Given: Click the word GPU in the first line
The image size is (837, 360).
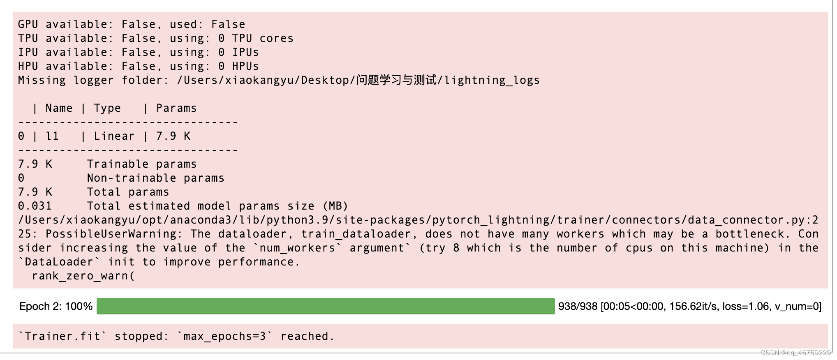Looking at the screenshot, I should pos(28,25).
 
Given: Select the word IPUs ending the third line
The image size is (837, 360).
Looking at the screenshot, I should pos(245,53).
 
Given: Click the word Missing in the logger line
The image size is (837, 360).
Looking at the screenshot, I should pos(42,81).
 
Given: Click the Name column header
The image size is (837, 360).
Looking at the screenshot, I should pos(59,108).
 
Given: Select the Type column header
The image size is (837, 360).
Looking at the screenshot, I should pos(107,108).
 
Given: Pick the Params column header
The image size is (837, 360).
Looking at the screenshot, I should pos(176,108).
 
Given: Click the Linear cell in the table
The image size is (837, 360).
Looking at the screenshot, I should pos(114,136).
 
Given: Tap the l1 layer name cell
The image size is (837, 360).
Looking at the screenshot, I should pos(52,136).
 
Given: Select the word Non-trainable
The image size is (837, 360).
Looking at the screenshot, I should pos(132,178).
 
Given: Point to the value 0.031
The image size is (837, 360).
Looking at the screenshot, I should pos(35,206).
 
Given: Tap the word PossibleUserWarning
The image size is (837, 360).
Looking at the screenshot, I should pos(111,234).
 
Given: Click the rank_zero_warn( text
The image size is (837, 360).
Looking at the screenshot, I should pos(83,276).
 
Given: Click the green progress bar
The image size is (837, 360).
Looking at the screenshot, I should pos(325,307).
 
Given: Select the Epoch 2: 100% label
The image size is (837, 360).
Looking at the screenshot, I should pos(56,307).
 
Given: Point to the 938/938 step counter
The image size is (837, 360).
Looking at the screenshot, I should pos(578,307).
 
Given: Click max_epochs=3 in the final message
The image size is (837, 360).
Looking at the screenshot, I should pos(224,337).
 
